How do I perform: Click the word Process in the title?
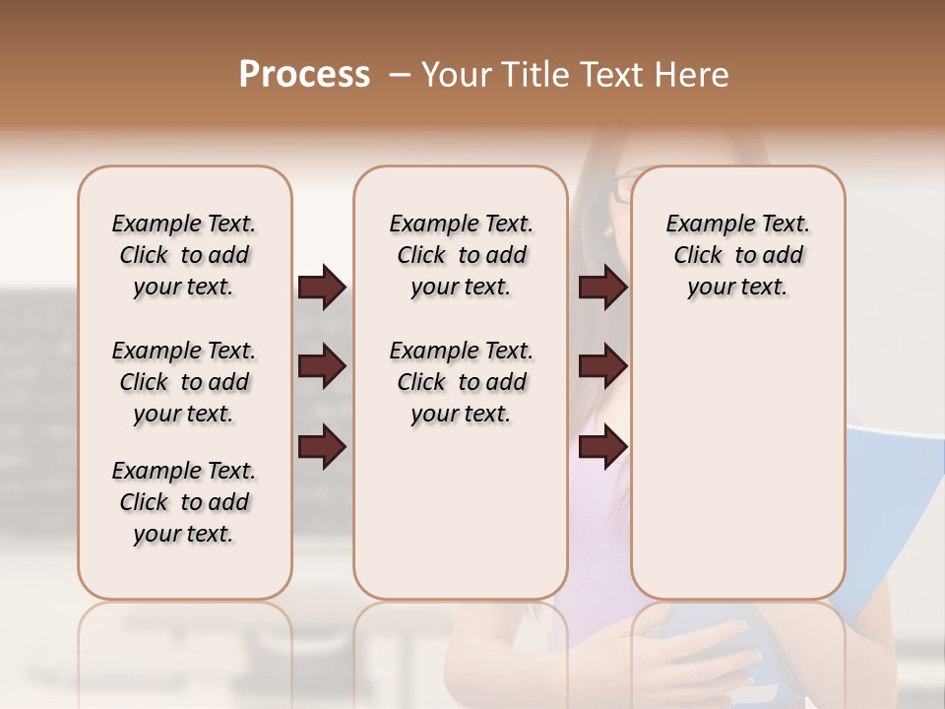304,75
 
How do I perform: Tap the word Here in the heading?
691,75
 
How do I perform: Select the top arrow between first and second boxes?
322,288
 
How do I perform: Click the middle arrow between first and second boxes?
322,367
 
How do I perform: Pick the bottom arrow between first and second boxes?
322,447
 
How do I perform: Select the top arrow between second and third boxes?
602,288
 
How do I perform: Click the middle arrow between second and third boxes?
602,367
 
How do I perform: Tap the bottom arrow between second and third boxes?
602,447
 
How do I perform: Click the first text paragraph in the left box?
184,255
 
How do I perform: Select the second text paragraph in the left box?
184,382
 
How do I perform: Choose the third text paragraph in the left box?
184,502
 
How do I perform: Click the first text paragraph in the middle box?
461,255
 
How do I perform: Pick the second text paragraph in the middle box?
461,382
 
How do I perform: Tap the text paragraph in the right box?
737,255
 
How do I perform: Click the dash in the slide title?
400,75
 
